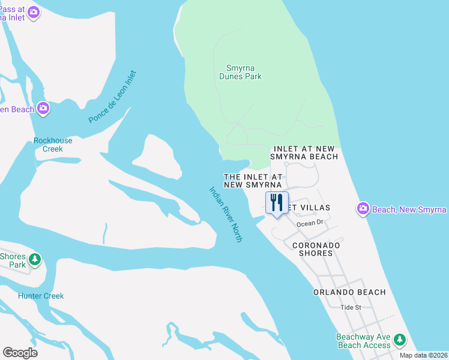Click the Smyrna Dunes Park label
point(244,72)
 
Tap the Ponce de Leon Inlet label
point(113,97)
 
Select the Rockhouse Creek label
point(53,145)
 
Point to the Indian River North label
point(226,214)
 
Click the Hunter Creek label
point(41,296)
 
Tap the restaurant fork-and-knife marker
point(277,203)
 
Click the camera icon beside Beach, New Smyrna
point(363,209)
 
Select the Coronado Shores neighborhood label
point(316,249)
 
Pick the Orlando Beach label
point(349,292)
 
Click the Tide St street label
point(350,307)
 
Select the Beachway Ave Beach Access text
point(364,341)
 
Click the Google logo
point(20,353)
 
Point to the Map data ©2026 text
point(424,355)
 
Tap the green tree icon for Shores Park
point(35,259)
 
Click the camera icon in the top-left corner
point(34,11)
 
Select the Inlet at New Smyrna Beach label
point(306,152)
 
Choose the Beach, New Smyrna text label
point(409,209)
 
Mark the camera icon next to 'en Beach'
point(43,109)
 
